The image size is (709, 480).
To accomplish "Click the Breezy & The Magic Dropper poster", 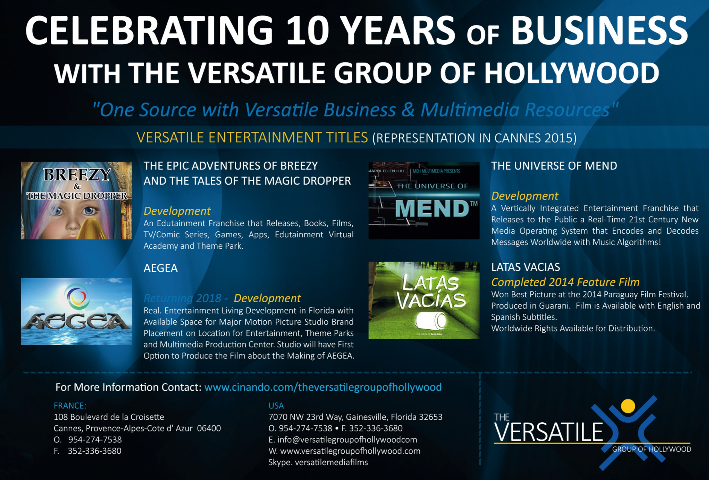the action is coord(76,200).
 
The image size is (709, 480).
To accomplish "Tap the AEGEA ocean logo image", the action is coord(76,311).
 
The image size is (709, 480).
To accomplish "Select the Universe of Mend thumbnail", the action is coord(424,200).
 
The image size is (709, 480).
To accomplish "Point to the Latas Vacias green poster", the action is coord(424,300).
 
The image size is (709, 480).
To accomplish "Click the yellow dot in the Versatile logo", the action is coord(628,406).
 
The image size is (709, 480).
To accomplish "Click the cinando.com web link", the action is coord(323,387).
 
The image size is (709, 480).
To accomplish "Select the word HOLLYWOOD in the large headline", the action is coord(572,73).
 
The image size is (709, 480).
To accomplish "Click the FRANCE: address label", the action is coord(70,406).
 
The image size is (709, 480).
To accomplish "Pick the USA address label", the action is coord(276,406).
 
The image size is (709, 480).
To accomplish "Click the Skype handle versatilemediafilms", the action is coord(331,462).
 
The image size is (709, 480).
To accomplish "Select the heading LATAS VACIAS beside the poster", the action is coord(526,267).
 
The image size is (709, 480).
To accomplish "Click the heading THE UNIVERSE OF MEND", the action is coord(554,166).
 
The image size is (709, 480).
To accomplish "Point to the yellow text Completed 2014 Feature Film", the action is coord(565,282).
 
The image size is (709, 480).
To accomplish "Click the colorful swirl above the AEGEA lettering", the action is coord(76,297).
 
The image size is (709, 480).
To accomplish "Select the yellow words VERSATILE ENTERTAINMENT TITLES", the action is coord(252,138).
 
